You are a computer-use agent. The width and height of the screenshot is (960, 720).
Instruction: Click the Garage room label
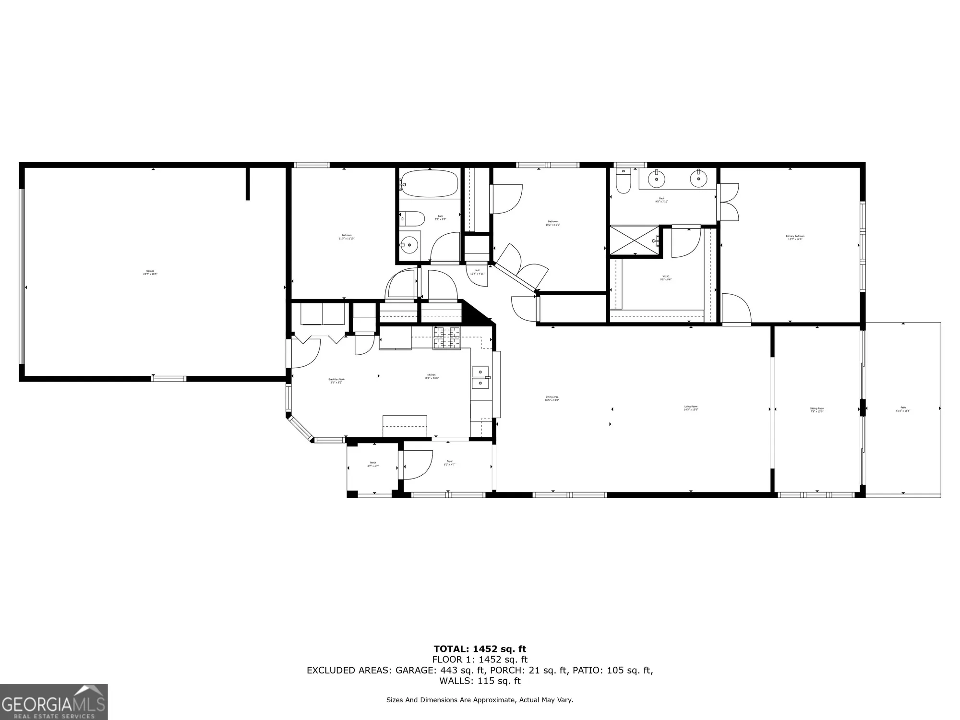tap(150, 272)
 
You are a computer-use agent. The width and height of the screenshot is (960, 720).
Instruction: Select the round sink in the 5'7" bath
tap(409, 245)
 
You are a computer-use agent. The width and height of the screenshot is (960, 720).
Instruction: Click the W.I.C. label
tap(666, 277)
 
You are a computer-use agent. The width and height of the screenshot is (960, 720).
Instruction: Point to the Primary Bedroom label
tap(795, 237)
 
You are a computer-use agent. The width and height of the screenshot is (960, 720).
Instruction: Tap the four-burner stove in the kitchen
tap(446, 338)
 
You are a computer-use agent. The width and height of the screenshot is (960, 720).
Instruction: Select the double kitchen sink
tap(480, 377)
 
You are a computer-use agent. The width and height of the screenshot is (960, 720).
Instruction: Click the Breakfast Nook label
tap(336, 381)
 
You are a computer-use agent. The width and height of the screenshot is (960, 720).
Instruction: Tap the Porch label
tap(373, 464)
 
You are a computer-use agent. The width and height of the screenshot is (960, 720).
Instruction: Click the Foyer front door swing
tap(418, 465)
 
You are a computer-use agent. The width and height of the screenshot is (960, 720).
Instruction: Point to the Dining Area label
tap(552, 398)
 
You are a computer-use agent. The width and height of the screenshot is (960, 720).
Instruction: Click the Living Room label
tap(691, 408)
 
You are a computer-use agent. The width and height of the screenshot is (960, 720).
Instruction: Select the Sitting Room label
tap(817, 410)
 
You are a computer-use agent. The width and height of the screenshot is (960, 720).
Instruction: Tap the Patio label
tap(903, 409)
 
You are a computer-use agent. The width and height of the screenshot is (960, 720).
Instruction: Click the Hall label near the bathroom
tap(477, 272)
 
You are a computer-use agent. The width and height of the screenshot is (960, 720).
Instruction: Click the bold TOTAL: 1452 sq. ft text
tap(480, 649)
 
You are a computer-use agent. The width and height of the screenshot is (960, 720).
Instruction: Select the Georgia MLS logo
tap(54, 702)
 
